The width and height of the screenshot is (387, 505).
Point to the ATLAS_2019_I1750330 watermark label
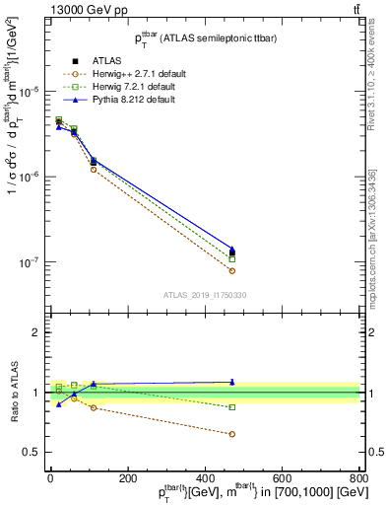click(204, 294)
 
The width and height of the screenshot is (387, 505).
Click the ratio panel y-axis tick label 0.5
click(34, 453)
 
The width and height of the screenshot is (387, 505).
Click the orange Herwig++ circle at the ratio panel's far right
click(232, 434)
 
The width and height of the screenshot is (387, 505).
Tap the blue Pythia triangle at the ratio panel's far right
click(232, 382)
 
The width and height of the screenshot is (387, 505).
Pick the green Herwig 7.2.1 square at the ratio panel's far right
click(232, 407)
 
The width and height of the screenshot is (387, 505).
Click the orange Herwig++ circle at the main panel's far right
click(232, 270)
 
